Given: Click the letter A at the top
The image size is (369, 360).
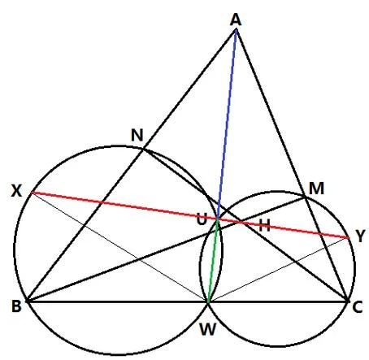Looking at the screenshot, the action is tap(236, 20).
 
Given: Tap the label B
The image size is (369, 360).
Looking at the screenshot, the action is tap(16, 306).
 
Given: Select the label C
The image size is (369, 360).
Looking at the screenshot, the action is tap(358, 307).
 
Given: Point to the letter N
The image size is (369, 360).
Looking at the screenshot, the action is tap(137, 135).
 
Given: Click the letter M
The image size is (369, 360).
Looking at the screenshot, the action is tap(316, 189).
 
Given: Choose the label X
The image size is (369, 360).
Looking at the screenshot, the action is tap(16, 191).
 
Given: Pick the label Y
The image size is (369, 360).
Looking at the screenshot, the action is tap(360, 236).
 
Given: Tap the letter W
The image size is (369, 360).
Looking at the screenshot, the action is tap(207, 330).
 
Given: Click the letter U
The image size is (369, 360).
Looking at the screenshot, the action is tap(202, 219).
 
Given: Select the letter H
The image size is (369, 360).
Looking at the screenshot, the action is tap(264, 225).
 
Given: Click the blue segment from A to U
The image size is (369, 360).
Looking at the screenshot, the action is tap(227, 124).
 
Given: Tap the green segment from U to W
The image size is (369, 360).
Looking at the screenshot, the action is tap(213, 261).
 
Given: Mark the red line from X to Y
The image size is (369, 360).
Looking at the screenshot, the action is tap(189, 215).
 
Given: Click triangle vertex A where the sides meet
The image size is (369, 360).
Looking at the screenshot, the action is tap(237, 29).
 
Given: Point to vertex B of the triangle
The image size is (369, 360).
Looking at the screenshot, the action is tap(28, 301).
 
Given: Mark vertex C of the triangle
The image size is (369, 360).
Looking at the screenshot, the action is tap(347, 301).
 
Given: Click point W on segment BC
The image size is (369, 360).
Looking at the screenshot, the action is tap(208, 301).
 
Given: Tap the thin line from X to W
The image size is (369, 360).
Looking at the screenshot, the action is tap(119, 247).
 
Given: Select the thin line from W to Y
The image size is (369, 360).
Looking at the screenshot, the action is tap(278, 270).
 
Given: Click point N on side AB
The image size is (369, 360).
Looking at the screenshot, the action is tap(143, 148).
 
